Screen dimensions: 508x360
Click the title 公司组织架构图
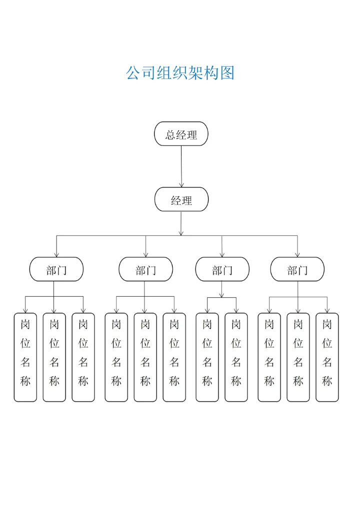(180, 73)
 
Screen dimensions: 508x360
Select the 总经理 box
(181, 134)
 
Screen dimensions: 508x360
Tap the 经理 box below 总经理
(181, 200)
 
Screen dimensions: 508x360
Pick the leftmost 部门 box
(56, 270)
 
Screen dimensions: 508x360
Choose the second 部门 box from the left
(145, 270)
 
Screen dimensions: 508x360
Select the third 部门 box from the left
(222, 270)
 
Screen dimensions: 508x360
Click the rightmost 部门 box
(297, 270)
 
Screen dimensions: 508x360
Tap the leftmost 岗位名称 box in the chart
(25, 357)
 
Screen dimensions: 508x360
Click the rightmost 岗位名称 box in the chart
(327, 357)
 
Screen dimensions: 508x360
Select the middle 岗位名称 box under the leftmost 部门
(54, 357)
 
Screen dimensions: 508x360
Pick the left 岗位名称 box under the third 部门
(207, 357)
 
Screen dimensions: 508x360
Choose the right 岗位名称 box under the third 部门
(236, 357)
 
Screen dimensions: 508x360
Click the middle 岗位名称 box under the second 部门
(145, 357)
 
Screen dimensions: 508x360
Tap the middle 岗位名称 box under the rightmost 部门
(298, 357)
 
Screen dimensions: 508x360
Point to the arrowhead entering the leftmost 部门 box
(56, 254)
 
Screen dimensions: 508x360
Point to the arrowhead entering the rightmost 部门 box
(297, 254)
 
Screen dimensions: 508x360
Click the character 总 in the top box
(171, 134)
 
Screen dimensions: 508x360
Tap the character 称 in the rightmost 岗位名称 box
(327, 382)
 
